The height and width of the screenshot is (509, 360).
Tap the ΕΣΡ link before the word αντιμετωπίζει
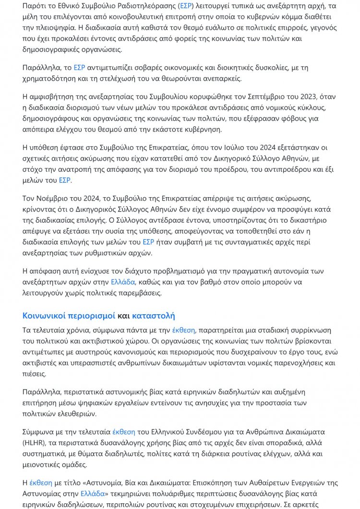pos(79,68)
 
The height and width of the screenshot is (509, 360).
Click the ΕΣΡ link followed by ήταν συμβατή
pos(148,242)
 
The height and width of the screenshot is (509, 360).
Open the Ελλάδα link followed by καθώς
pos(123,282)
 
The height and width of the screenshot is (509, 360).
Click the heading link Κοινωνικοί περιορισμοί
pos(69,316)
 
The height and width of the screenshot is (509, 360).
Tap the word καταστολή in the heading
pos(153,316)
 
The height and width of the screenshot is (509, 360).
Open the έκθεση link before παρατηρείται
pos(184,330)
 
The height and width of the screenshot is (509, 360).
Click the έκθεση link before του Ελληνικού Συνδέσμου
pos(124,431)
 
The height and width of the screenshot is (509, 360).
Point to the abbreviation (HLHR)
pos(36,442)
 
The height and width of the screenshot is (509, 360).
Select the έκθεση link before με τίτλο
pos(41,482)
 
